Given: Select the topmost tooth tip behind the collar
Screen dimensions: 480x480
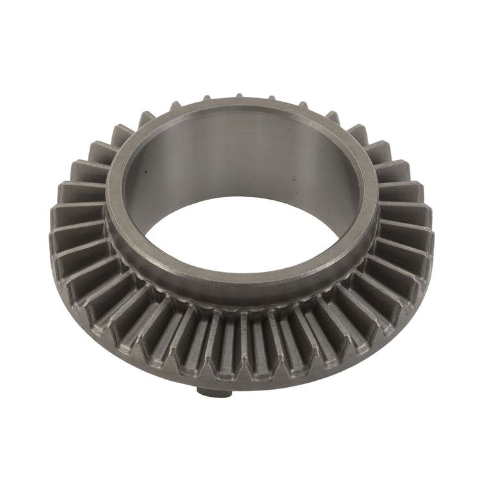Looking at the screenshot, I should pos(238,96).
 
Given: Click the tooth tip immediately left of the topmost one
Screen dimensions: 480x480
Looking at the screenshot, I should pos(207,98).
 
